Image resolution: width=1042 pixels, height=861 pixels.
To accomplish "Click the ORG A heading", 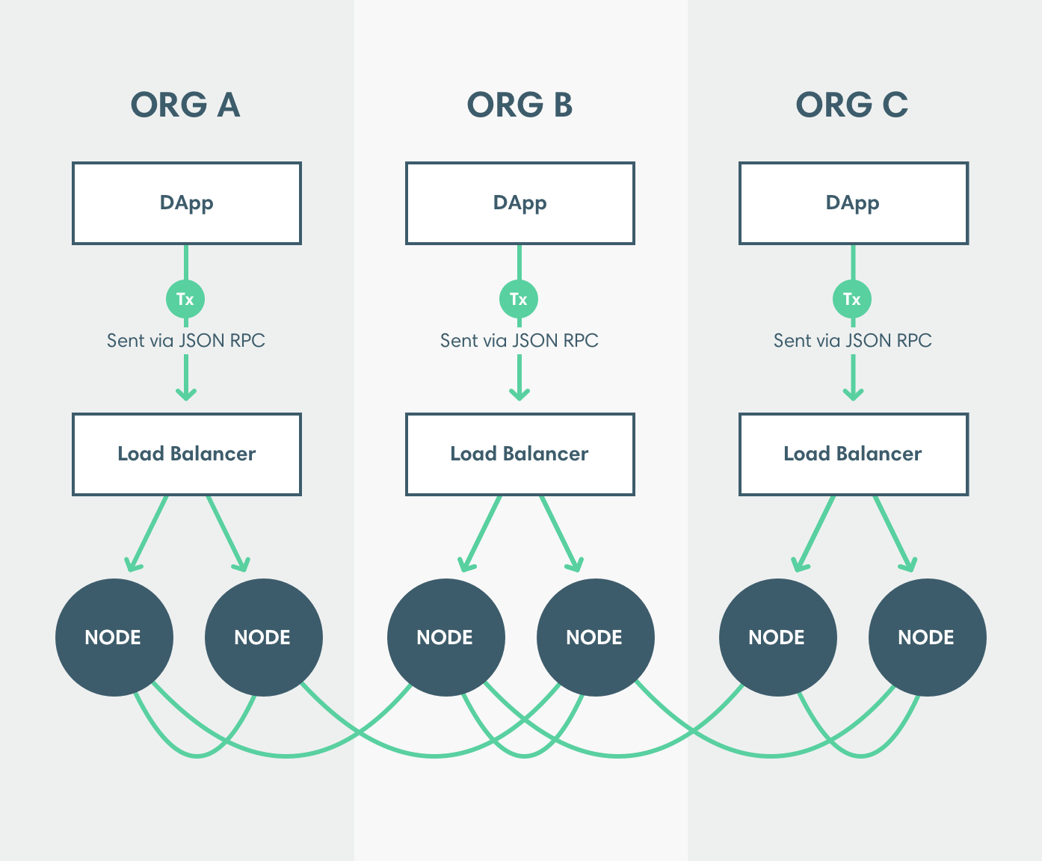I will (x=185, y=105).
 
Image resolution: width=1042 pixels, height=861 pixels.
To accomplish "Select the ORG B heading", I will (x=520, y=105).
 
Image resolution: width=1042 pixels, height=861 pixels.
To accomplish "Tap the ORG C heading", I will (x=852, y=105).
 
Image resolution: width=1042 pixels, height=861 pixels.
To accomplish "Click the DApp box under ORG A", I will (x=187, y=203).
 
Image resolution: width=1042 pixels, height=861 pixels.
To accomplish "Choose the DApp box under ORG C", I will (x=854, y=203).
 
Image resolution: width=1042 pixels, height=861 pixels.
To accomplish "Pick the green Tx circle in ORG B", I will (x=519, y=299).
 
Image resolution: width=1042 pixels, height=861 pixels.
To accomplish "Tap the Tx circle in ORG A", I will (x=185, y=299).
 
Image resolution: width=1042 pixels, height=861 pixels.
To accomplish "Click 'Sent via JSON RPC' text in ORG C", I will (x=852, y=341).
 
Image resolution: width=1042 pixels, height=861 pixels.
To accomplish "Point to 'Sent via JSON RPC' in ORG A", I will (x=186, y=341).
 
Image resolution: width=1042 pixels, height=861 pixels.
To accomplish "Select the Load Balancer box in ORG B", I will (x=520, y=454).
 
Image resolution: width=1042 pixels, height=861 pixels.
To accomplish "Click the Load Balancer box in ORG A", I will (x=187, y=454).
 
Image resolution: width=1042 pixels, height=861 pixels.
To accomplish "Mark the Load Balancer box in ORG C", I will (x=854, y=454).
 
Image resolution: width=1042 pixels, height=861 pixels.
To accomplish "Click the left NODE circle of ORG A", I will (x=114, y=638).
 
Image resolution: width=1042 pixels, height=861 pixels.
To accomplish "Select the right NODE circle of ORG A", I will (x=263, y=638).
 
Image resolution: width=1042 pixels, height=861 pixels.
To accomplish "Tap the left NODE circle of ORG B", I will (x=446, y=638).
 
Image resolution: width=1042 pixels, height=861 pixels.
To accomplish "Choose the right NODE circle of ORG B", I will (x=595, y=638).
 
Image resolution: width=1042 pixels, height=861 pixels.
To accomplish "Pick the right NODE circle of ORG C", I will (x=927, y=638).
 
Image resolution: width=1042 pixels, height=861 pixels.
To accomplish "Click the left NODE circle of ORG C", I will (x=777, y=638).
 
